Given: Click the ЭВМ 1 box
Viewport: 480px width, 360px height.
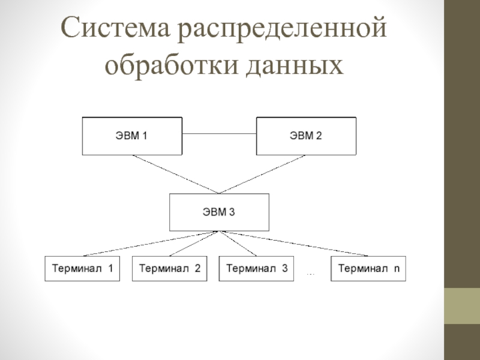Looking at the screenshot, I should pos(132,136).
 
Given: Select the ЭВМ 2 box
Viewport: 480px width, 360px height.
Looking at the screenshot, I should pos(306,136).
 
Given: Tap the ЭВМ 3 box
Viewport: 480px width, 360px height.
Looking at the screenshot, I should pos(219,212).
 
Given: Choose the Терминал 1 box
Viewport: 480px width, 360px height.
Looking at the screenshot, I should pos(82,269).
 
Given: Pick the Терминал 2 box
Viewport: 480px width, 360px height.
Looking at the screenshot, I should pos(169,269).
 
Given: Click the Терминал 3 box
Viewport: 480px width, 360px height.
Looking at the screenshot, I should pos(256,269).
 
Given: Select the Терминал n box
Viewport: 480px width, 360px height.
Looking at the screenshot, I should pos(368,269).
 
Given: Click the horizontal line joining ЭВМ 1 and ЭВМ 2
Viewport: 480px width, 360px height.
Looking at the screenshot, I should pos(219,132).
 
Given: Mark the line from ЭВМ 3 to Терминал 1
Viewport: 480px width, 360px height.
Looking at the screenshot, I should pos(150,244).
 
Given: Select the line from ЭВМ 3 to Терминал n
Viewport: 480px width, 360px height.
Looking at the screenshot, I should pos(294,244).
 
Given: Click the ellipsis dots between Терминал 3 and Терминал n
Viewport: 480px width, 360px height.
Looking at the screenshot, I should pos(311,274).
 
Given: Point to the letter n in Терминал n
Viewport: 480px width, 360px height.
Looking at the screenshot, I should pos(396,269).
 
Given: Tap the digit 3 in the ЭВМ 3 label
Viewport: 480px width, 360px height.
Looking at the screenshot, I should pos(232,212).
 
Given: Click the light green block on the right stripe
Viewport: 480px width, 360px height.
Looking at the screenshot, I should pos(462,306).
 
